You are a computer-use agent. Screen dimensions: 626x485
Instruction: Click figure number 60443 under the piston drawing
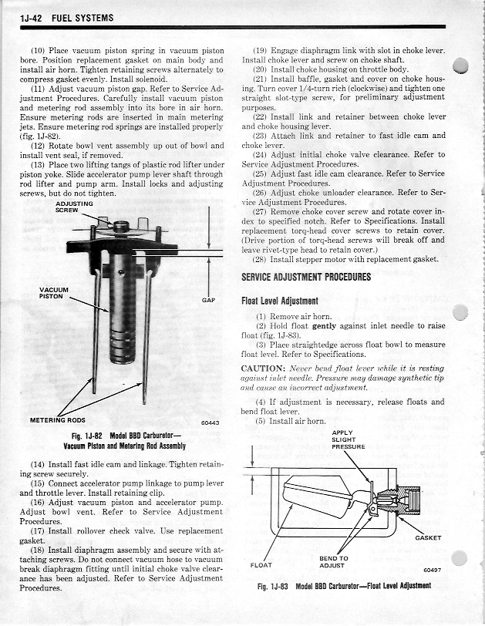(x=210, y=423)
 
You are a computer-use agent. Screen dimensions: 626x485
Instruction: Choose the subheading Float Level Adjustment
(x=280, y=301)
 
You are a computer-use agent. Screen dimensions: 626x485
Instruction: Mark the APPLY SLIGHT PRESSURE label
(x=348, y=439)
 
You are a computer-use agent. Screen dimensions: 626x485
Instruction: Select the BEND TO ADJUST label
(x=333, y=561)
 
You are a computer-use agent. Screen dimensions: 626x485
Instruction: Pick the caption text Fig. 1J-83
(x=272, y=587)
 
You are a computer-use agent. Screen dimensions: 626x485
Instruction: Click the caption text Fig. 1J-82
(x=88, y=436)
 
